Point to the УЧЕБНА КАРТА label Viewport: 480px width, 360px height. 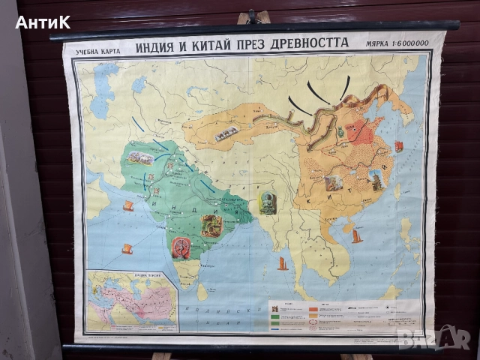click(x=98, y=52)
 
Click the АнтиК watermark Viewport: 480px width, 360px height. click(x=43, y=22)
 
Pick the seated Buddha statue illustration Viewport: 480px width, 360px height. click(x=268, y=202)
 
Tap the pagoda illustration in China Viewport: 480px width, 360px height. click(x=375, y=181)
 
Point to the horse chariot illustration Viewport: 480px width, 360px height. click(x=139, y=158)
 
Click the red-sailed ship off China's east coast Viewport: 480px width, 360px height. click(x=398, y=146)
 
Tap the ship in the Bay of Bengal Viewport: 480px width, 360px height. click(x=283, y=263)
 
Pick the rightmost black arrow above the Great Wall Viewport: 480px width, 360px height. click(x=346, y=88)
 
